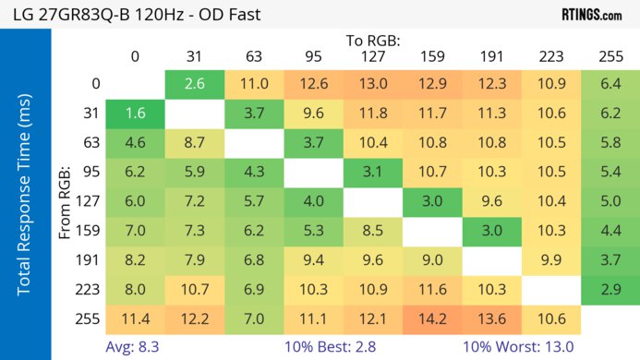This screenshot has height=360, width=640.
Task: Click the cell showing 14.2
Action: (x=432, y=318)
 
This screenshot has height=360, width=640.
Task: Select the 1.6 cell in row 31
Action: (x=135, y=114)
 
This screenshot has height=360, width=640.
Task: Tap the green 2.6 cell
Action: (x=194, y=84)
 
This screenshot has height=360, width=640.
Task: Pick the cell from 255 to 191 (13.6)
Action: (x=492, y=318)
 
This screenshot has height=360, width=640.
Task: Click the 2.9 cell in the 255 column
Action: (x=610, y=290)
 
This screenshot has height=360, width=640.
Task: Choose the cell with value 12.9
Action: (x=432, y=84)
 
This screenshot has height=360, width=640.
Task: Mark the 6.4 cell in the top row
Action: (x=610, y=84)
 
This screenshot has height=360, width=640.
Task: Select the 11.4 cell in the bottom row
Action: (x=135, y=318)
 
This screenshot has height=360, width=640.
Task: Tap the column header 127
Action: (x=373, y=56)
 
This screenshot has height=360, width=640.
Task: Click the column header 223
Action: (x=551, y=56)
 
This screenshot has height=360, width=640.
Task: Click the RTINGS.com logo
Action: (x=592, y=15)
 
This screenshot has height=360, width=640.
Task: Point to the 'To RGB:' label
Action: (x=373, y=41)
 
